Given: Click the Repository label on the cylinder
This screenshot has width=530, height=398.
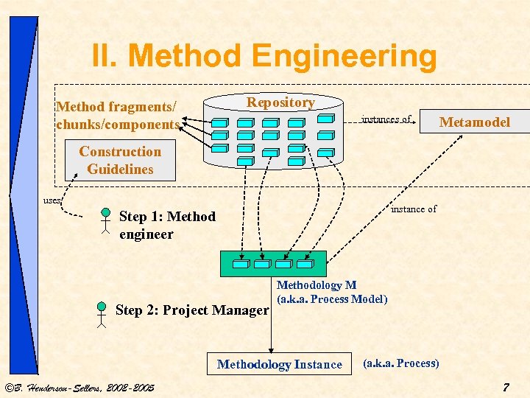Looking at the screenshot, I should tap(280, 102).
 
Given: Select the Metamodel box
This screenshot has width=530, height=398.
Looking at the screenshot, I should tap(474, 122).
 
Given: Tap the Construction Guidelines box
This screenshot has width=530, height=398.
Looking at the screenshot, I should tap(120, 160).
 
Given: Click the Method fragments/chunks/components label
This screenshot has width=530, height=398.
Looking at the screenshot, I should tap(118, 116).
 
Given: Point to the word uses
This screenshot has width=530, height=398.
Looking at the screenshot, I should tap(52, 200).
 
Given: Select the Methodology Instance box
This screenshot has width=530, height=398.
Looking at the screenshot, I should tap(280, 364).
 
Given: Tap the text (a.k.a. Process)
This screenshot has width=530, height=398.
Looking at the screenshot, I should tap(401, 363).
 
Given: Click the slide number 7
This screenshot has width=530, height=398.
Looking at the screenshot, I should tap(505, 387).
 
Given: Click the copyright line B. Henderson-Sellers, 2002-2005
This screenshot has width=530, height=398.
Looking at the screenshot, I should tap(79, 387).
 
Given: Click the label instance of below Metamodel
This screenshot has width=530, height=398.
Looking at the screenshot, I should tap(413, 209).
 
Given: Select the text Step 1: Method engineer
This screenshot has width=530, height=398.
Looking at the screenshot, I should tap(167, 225).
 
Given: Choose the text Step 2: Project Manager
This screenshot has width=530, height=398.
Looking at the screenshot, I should tap(192, 310).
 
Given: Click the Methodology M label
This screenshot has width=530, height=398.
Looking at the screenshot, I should tap(316, 285).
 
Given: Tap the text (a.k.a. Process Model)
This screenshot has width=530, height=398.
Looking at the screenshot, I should tap(331, 298).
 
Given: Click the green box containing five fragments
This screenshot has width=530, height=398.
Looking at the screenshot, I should tap(273, 264).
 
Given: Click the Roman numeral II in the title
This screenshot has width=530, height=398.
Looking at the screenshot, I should tap(108, 56).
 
